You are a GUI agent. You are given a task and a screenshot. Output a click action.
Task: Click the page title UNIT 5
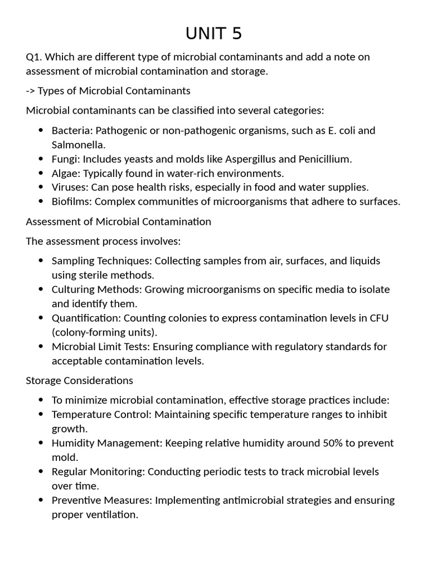click(x=214, y=34)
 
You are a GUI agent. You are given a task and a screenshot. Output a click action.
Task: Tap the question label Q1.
click(x=33, y=57)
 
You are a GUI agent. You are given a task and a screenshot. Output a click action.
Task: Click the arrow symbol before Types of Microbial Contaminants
click(x=31, y=91)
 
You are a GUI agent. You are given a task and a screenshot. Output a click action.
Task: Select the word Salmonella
click(x=77, y=145)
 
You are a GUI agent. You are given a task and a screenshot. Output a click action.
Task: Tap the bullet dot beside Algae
click(x=41, y=173)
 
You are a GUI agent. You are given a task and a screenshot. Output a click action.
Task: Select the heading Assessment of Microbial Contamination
click(x=119, y=222)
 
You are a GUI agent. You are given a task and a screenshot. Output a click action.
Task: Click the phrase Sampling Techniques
click(x=101, y=261)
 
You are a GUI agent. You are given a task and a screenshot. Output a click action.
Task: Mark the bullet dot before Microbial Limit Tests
click(x=41, y=347)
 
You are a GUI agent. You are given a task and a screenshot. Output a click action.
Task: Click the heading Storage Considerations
click(x=80, y=381)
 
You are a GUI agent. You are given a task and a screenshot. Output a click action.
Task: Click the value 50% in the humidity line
click(x=333, y=443)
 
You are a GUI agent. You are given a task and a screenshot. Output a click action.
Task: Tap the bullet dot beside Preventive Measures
click(x=41, y=500)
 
